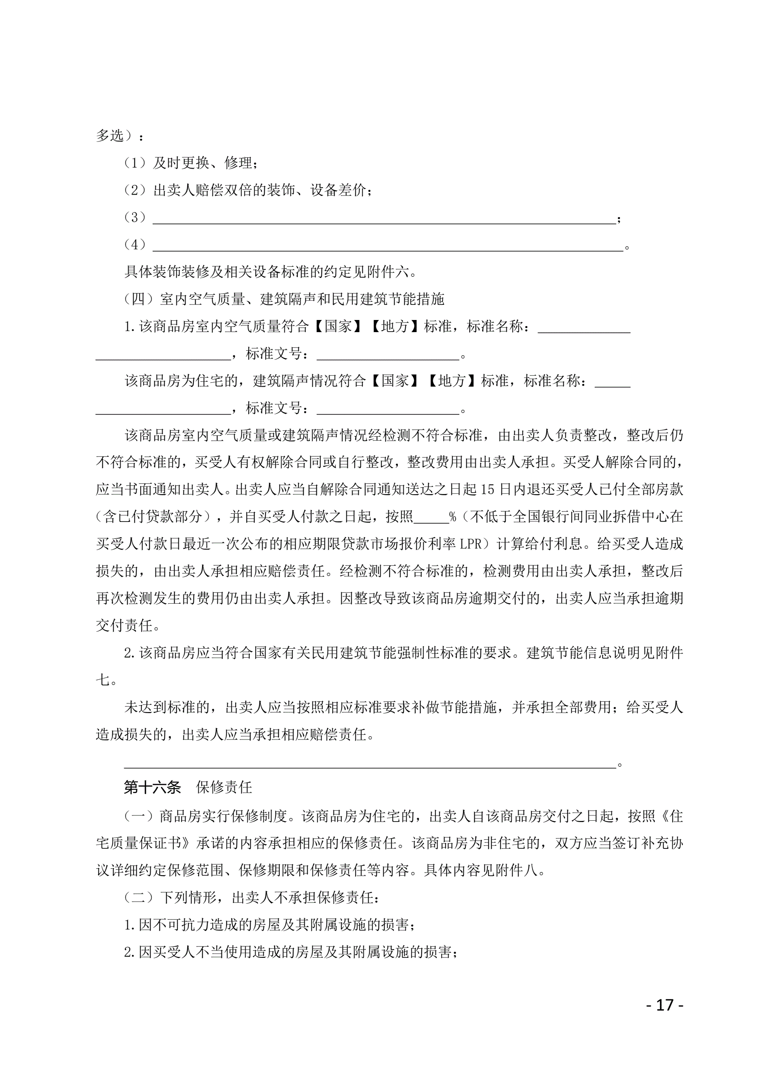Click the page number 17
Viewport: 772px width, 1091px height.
665,1005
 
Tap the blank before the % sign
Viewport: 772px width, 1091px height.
431,517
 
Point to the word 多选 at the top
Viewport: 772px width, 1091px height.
110,136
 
